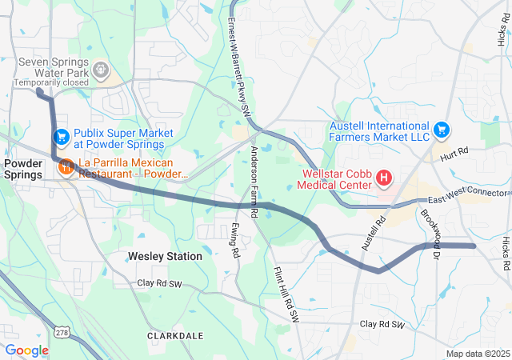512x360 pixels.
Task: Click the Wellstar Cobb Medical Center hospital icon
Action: tap(384, 177)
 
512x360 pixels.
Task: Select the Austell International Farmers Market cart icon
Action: tap(441, 129)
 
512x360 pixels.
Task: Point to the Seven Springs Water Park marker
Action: tap(101, 70)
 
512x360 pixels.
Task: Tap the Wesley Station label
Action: tap(165, 257)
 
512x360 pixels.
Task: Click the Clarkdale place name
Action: tap(175, 336)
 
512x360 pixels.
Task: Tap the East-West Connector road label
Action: tap(468, 196)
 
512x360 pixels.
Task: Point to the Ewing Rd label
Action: tap(234, 240)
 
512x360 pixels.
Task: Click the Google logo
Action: tap(26, 350)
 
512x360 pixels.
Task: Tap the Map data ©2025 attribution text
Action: tap(477, 354)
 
